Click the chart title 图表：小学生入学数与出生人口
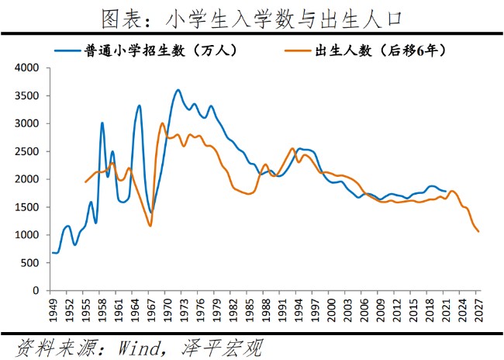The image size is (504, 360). [251, 16]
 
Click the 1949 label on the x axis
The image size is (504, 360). [53, 310]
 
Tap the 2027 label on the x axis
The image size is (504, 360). [479, 310]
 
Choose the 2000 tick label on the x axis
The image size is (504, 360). [332, 310]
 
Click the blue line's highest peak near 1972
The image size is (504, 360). [178, 90]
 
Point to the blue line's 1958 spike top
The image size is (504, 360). [102, 123]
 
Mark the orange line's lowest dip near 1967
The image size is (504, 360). [150, 226]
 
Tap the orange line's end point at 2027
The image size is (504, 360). [478, 231]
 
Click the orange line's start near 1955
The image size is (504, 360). [85, 182]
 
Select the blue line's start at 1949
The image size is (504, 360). [53, 252]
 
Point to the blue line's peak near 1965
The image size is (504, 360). [140, 106]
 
